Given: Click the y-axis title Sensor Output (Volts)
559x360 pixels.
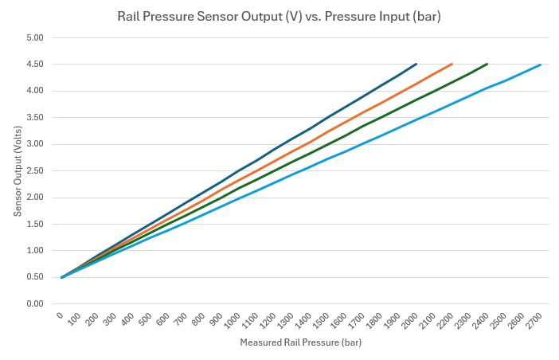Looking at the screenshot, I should point(18,170).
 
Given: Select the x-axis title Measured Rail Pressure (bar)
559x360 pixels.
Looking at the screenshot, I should point(301,342).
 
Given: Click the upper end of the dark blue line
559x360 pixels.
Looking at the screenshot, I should point(416,64).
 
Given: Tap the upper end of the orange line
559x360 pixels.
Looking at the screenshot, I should point(451,64).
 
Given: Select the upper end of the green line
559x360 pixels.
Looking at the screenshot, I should point(487,64).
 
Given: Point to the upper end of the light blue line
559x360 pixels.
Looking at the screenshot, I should point(540,65).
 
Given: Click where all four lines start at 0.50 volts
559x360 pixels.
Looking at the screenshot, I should point(62,277).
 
